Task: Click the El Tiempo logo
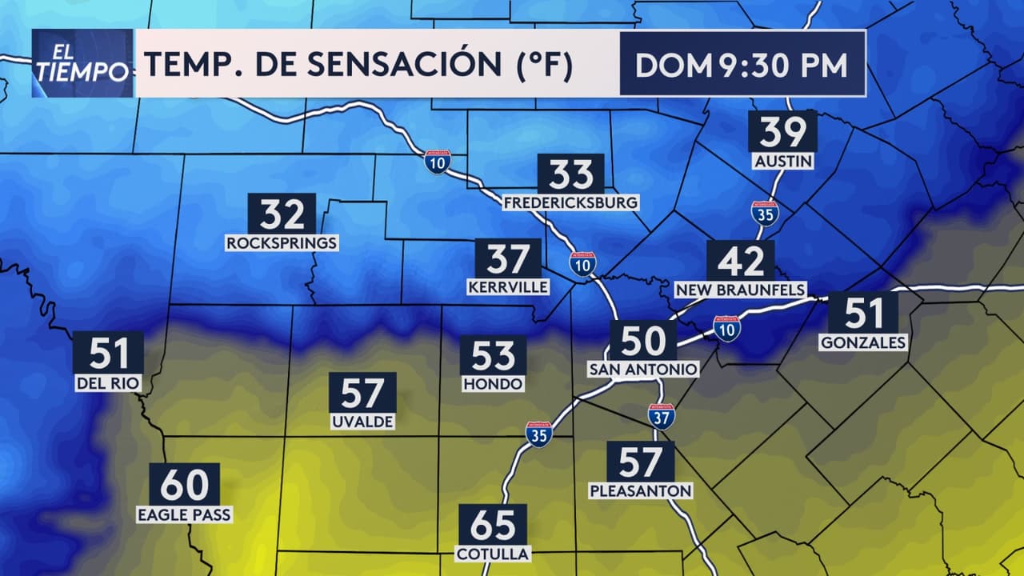point(82,64)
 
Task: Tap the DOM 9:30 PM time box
point(742,65)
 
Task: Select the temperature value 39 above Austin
point(782,131)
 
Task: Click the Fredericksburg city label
point(571,202)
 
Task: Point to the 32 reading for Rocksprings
point(282,214)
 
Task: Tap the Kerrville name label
point(508,286)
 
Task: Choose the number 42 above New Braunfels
point(740,261)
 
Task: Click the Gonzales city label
point(863,342)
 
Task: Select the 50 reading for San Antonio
point(643,340)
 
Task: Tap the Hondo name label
point(493,384)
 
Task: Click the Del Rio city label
point(108,383)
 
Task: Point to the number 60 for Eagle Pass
point(184,484)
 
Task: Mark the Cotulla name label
point(493,554)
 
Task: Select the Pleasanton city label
point(640,490)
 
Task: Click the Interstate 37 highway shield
point(662,416)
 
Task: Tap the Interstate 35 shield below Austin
point(765,214)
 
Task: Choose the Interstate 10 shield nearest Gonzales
point(727,328)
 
